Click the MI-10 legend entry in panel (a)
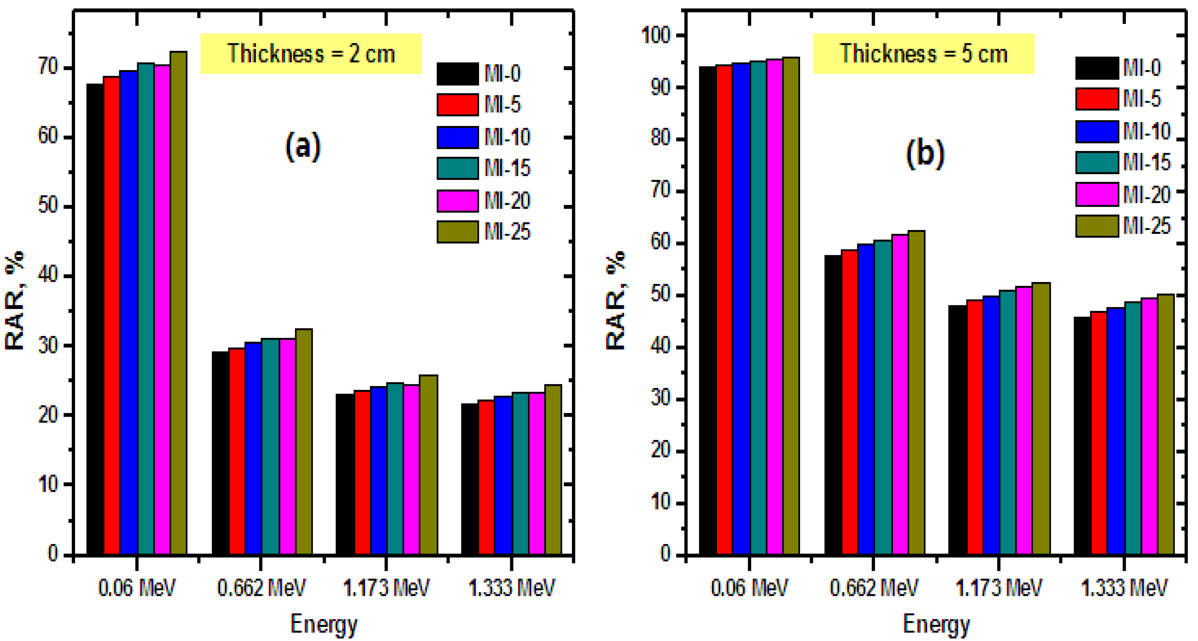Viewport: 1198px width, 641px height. coord(484,137)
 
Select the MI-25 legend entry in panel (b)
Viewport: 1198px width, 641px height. coord(1123,226)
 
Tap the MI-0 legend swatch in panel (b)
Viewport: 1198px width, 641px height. coord(1097,68)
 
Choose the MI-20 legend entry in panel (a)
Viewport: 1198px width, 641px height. coord(484,201)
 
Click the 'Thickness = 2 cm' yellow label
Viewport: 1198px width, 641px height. coord(311,53)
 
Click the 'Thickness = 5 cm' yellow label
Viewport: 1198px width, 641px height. coord(923,53)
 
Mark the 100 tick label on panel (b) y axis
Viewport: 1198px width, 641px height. coord(657,35)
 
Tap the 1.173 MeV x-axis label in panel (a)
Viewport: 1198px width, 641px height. coord(386,588)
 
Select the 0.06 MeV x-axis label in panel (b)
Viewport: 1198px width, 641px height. coord(749,588)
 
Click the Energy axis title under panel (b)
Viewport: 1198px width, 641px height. coord(936,624)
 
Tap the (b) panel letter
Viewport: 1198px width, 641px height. coord(925,153)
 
